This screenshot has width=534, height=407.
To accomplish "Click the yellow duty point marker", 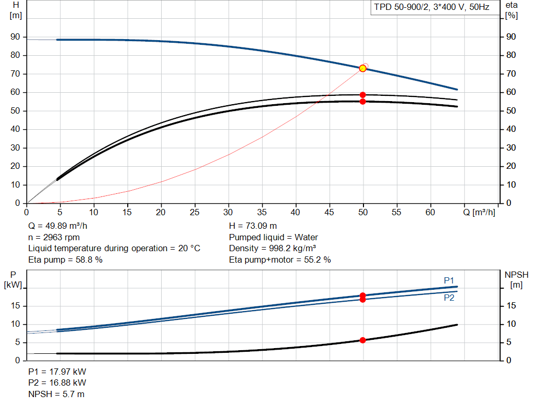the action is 363,68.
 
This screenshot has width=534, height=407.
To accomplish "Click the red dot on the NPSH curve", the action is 363,340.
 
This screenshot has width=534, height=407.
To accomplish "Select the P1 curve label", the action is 449,280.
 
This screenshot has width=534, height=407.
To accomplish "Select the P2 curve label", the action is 449,298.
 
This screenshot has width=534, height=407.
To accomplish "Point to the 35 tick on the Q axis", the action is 262,212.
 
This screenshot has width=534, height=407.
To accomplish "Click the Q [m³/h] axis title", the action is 479,212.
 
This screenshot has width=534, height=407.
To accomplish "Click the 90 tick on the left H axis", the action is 15,37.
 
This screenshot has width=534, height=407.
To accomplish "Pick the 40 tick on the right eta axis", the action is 511,129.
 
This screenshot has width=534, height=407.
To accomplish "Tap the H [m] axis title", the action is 16,10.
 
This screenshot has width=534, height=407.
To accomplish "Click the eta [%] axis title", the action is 512,10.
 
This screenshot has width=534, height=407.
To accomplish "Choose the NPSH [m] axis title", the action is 516,280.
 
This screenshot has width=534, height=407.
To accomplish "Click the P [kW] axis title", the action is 13,280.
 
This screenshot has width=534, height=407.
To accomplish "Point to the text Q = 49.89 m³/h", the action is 57,226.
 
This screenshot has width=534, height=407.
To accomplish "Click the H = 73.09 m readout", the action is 253,226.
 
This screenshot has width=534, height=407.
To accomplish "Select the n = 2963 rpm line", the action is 54,237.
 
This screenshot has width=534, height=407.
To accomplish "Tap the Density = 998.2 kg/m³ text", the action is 272,249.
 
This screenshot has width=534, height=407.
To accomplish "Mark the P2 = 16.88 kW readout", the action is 57,383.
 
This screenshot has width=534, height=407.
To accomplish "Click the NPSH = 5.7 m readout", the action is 56,394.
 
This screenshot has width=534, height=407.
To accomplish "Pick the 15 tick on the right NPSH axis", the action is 511,305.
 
